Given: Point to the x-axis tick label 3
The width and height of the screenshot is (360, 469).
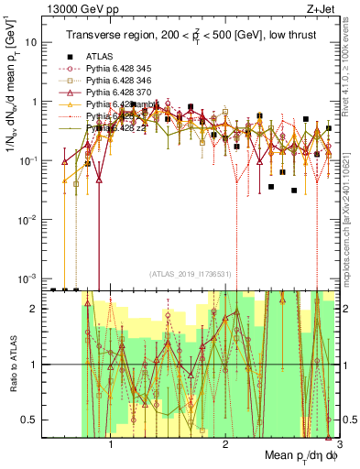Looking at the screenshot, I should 338,446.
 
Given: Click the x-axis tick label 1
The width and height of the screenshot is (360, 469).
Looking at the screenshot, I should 111,446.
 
